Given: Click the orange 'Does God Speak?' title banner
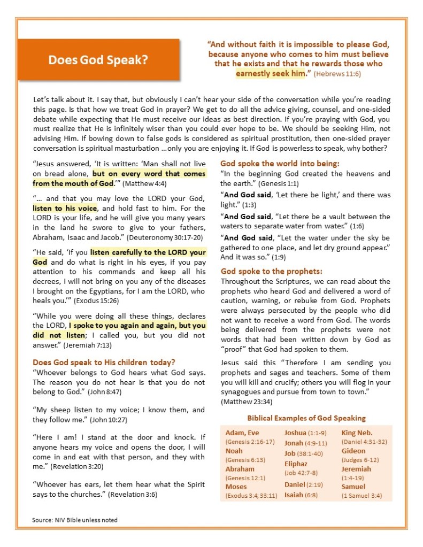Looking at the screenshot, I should pos(98,60).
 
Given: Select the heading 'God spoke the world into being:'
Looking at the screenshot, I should pos(280,164).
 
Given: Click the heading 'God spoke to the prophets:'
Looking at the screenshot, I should pos(272,271).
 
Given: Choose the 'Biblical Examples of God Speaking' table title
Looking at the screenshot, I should pos(306,418).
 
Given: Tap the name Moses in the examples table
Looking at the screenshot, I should pos(236,487).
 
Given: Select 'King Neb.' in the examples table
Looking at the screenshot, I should pos(357,433).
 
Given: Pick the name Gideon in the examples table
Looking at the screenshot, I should pos(353,451).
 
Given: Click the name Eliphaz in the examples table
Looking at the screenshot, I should pos(296,464).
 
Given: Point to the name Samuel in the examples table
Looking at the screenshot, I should pos(353,487).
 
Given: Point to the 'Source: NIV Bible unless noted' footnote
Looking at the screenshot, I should pos(75,520).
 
